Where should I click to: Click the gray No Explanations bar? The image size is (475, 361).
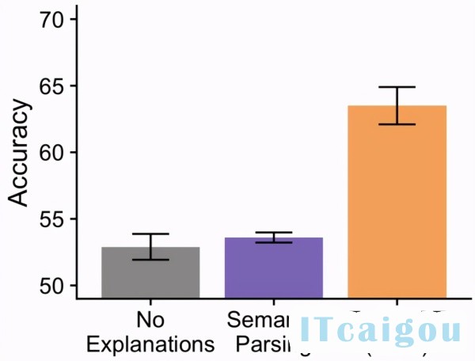tap(150, 273)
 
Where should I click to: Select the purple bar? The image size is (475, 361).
tap(273, 268)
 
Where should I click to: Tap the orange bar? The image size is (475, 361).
tap(397, 202)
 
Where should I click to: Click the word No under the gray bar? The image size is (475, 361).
tap(150, 321)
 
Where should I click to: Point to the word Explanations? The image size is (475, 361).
tap(150, 344)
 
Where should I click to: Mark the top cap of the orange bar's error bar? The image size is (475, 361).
tap(397, 87)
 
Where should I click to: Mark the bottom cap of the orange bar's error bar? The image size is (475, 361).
tap(397, 124)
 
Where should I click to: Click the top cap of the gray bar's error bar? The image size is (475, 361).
tap(150, 234)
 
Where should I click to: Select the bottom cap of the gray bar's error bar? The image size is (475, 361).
tap(150, 260)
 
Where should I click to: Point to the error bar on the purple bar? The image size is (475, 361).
tap(273, 237)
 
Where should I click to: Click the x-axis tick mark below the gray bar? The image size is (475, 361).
tap(150, 302)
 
